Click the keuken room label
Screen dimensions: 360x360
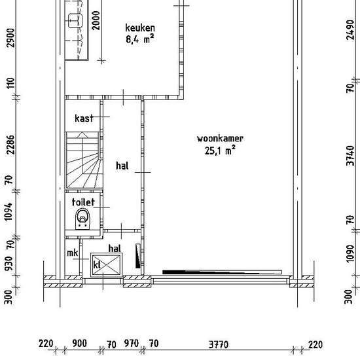pyautogui.click(x=140, y=28)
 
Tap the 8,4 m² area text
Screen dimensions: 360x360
pyautogui.click(x=140, y=39)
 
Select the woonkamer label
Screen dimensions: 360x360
pyautogui.click(x=220, y=139)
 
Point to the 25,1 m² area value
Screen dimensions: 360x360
pyautogui.click(x=220, y=151)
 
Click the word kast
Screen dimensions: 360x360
pyautogui.click(x=84, y=118)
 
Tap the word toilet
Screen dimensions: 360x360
pyautogui.click(x=83, y=202)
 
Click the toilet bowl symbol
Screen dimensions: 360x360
pyautogui.click(x=82, y=219)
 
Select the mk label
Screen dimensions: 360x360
pyautogui.click(x=72, y=253)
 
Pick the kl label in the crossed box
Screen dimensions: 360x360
pyautogui.click(x=97, y=264)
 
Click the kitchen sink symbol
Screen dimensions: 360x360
pyautogui.click(x=75, y=20)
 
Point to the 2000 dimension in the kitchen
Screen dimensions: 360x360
pyautogui.click(x=96, y=20)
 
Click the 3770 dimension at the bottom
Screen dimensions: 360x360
pyautogui.click(x=219, y=344)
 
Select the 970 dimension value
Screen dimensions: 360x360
pyautogui.click(x=132, y=344)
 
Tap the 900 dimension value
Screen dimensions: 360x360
pyautogui.click(x=79, y=344)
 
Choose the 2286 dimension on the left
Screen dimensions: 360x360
pyautogui.click(x=10, y=145)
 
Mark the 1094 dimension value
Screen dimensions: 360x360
pyautogui.click(x=9, y=211)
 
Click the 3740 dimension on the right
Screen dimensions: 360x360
pyautogui.click(x=350, y=155)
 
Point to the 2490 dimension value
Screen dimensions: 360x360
pyautogui.click(x=350, y=30)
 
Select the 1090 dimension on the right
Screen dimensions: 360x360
pyautogui.click(x=350, y=253)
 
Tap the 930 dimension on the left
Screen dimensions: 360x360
pyautogui.click(x=9, y=264)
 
